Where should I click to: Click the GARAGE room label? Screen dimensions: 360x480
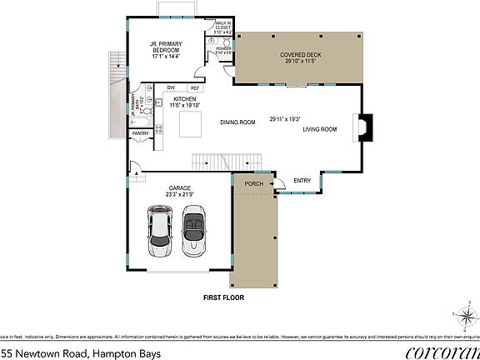coord(180,188)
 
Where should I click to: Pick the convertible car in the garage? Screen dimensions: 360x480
coord(193,233)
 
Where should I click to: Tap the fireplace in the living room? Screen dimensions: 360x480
coord(364,129)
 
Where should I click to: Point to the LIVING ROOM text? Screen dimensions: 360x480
coord(319,129)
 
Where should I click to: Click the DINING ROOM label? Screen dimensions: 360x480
coord(237,122)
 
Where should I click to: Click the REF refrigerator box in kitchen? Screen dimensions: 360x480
coord(195,87)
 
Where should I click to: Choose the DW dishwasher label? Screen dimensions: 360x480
coord(170,87)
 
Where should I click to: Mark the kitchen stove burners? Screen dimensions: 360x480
coord(160,124)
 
